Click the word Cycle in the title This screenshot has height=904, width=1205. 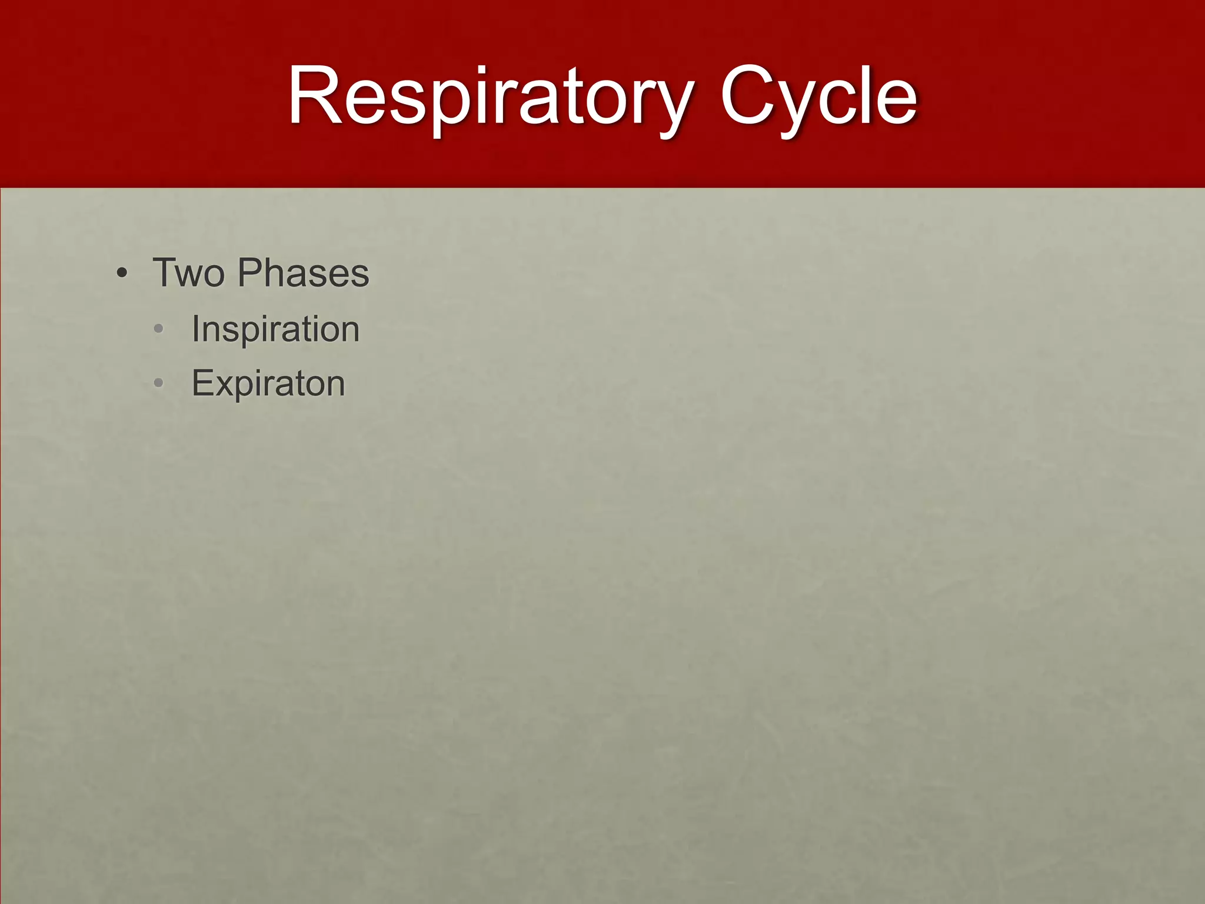[x=818, y=97]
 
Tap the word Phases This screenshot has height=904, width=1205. [x=303, y=273]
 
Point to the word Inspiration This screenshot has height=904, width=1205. [x=275, y=328]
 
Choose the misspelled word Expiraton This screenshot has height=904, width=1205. [x=268, y=384]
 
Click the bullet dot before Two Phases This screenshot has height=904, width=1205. [x=122, y=274]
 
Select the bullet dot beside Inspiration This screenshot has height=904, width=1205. [x=158, y=330]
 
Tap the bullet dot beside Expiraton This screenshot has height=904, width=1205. [x=158, y=384]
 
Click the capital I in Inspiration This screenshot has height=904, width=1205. [x=196, y=328]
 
